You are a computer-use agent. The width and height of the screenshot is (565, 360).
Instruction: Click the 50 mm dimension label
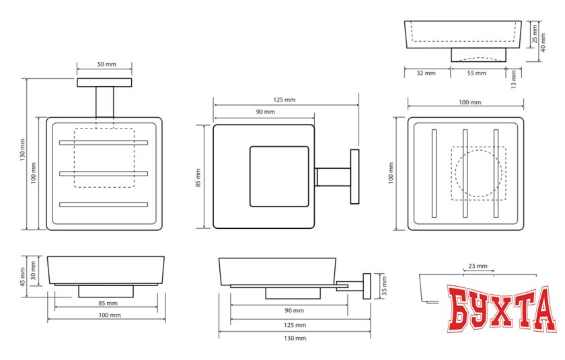point(107,64)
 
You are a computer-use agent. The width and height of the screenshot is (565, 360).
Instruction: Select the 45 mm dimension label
point(22,277)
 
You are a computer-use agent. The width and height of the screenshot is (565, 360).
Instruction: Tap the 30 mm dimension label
point(33,271)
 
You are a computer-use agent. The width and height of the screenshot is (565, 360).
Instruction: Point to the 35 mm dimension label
point(384,286)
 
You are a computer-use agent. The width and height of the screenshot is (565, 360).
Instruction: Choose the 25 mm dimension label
point(535,34)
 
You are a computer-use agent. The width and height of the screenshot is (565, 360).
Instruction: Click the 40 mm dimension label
point(543,42)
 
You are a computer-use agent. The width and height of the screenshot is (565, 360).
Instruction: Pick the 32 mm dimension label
point(426,73)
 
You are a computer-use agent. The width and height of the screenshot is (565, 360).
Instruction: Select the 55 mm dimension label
point(476,73)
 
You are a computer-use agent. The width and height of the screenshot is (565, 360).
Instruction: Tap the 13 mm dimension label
point(514,79)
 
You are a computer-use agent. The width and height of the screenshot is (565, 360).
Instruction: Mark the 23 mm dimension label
point(478,266)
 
